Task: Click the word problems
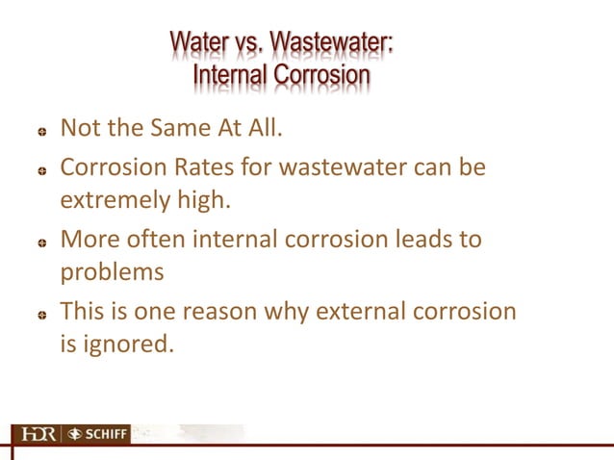[112, 272]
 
